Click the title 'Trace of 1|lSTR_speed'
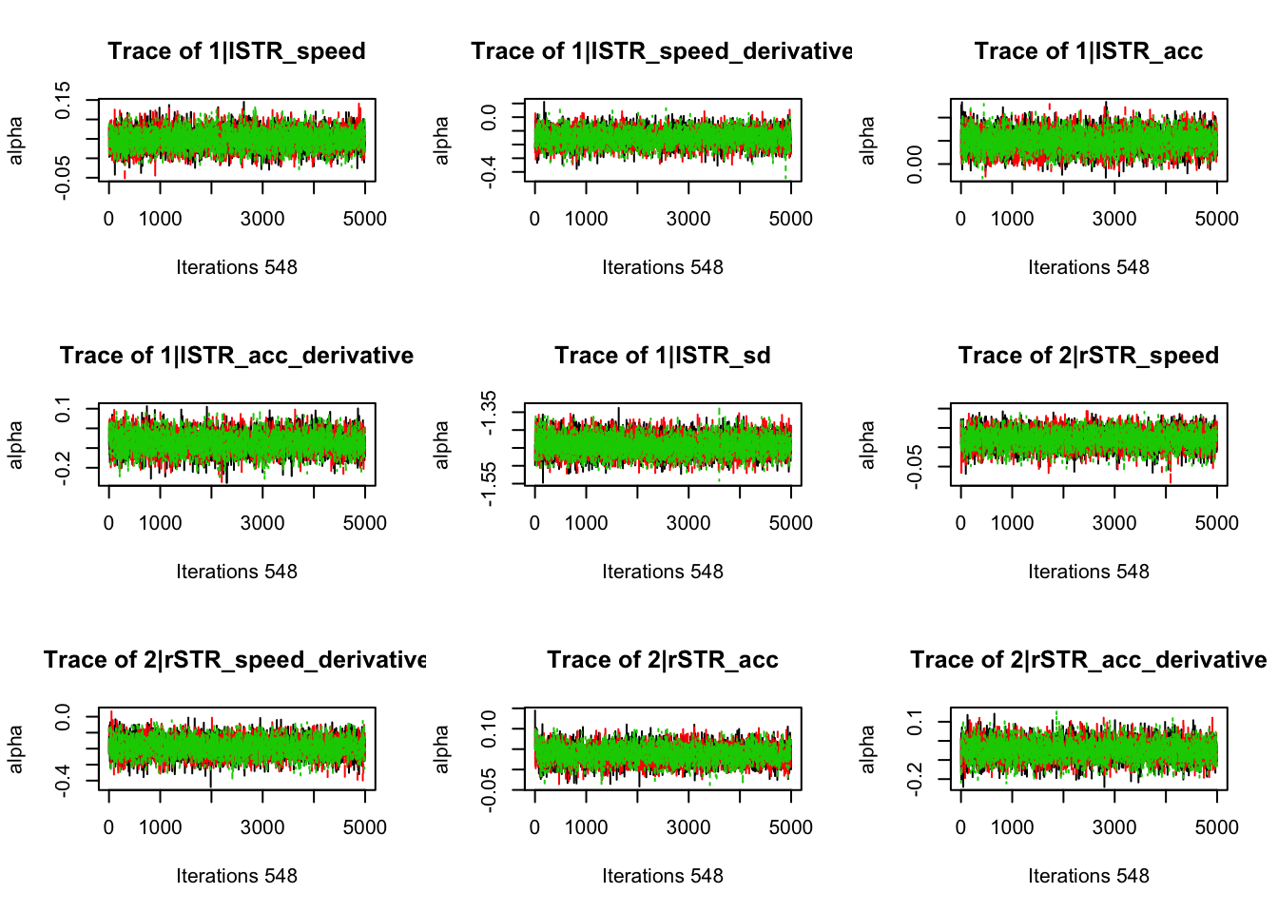[236, 51]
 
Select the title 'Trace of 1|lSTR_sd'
[662, 356]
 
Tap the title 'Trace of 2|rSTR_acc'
[662, 660]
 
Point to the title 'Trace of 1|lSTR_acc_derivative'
[236, 356]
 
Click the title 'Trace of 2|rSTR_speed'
[1088, 356]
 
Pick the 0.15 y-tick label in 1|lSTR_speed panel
[63, 100]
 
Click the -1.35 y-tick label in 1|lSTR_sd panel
[489, 413]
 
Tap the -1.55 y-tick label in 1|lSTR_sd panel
[489, 484]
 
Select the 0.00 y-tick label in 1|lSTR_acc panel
[915, 165]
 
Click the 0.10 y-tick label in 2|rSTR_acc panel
[489, 729]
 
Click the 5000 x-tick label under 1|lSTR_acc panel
[1216, 219]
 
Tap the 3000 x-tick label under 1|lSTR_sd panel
[687, 523]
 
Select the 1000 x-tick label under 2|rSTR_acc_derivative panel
[1012, 827]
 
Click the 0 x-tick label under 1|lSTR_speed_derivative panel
[534, 219]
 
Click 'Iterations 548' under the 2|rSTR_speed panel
[1088, 572]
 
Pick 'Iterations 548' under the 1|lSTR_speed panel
[236, 267]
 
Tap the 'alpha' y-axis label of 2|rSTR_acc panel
[441, 748]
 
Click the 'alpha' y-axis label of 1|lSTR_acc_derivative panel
[15, 444]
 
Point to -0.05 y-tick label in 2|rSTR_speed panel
[915, 466]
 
